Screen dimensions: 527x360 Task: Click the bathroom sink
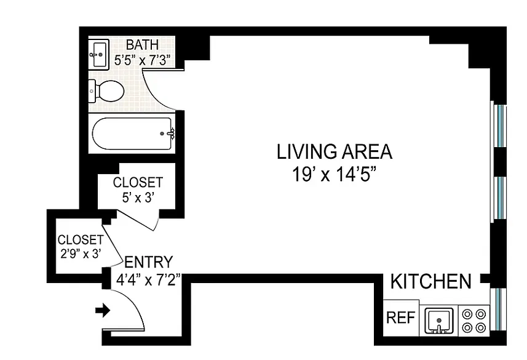pos(99,54)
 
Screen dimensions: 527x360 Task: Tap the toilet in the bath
pos(106,91)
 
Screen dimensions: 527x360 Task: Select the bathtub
pos(132,134)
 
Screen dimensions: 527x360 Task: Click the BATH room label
pos(142,45)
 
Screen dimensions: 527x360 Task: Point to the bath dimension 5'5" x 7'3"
pos(143,60)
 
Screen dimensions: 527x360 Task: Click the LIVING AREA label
pos(335,151)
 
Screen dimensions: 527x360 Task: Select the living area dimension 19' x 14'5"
pos(334,174)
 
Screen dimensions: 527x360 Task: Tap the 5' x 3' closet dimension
pos(138,198)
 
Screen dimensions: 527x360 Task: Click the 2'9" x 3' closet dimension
pos(81,254)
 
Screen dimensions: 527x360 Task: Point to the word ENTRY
pos(149,262)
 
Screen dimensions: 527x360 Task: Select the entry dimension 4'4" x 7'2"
pos(148,279)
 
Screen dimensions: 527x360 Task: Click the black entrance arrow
pos(103,310)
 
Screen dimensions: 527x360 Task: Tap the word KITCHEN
pos(431,281)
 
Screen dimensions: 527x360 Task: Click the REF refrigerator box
pos(401,318)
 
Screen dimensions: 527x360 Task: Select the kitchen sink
pos(439,321)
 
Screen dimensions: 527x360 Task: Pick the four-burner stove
pos(474,321)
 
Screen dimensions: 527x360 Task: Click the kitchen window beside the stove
pos(498,309)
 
